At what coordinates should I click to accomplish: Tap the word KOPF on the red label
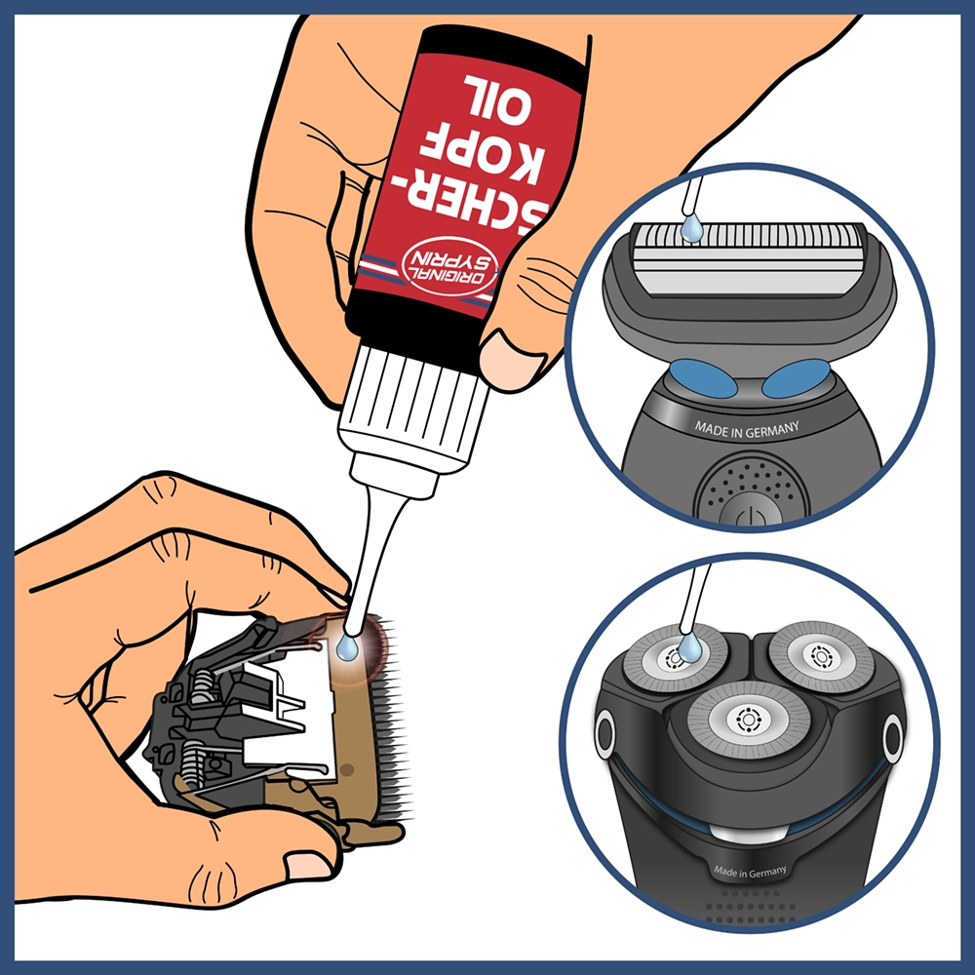(x=480, y=159)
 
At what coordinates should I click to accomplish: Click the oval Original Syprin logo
(x=449, y=265)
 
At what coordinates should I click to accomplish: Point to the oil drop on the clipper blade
(x=347, y=648)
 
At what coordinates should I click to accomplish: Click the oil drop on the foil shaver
(x=691, y=228)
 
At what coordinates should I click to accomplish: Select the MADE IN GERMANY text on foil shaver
(x=746, y=429)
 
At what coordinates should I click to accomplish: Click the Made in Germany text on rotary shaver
(x=750, y=871)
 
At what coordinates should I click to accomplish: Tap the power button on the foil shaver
(x=750, y=512)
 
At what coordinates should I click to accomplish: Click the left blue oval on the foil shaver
(x=703, y=378)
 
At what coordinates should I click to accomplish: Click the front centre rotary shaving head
(x=749, y=721)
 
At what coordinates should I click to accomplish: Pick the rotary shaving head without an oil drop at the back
(x=821, y=655)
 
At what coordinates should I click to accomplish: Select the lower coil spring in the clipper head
(x=192, y=765)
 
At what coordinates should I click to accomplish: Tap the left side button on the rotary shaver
(x=604, y=734)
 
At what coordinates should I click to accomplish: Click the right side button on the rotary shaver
(x=893, y=738)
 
